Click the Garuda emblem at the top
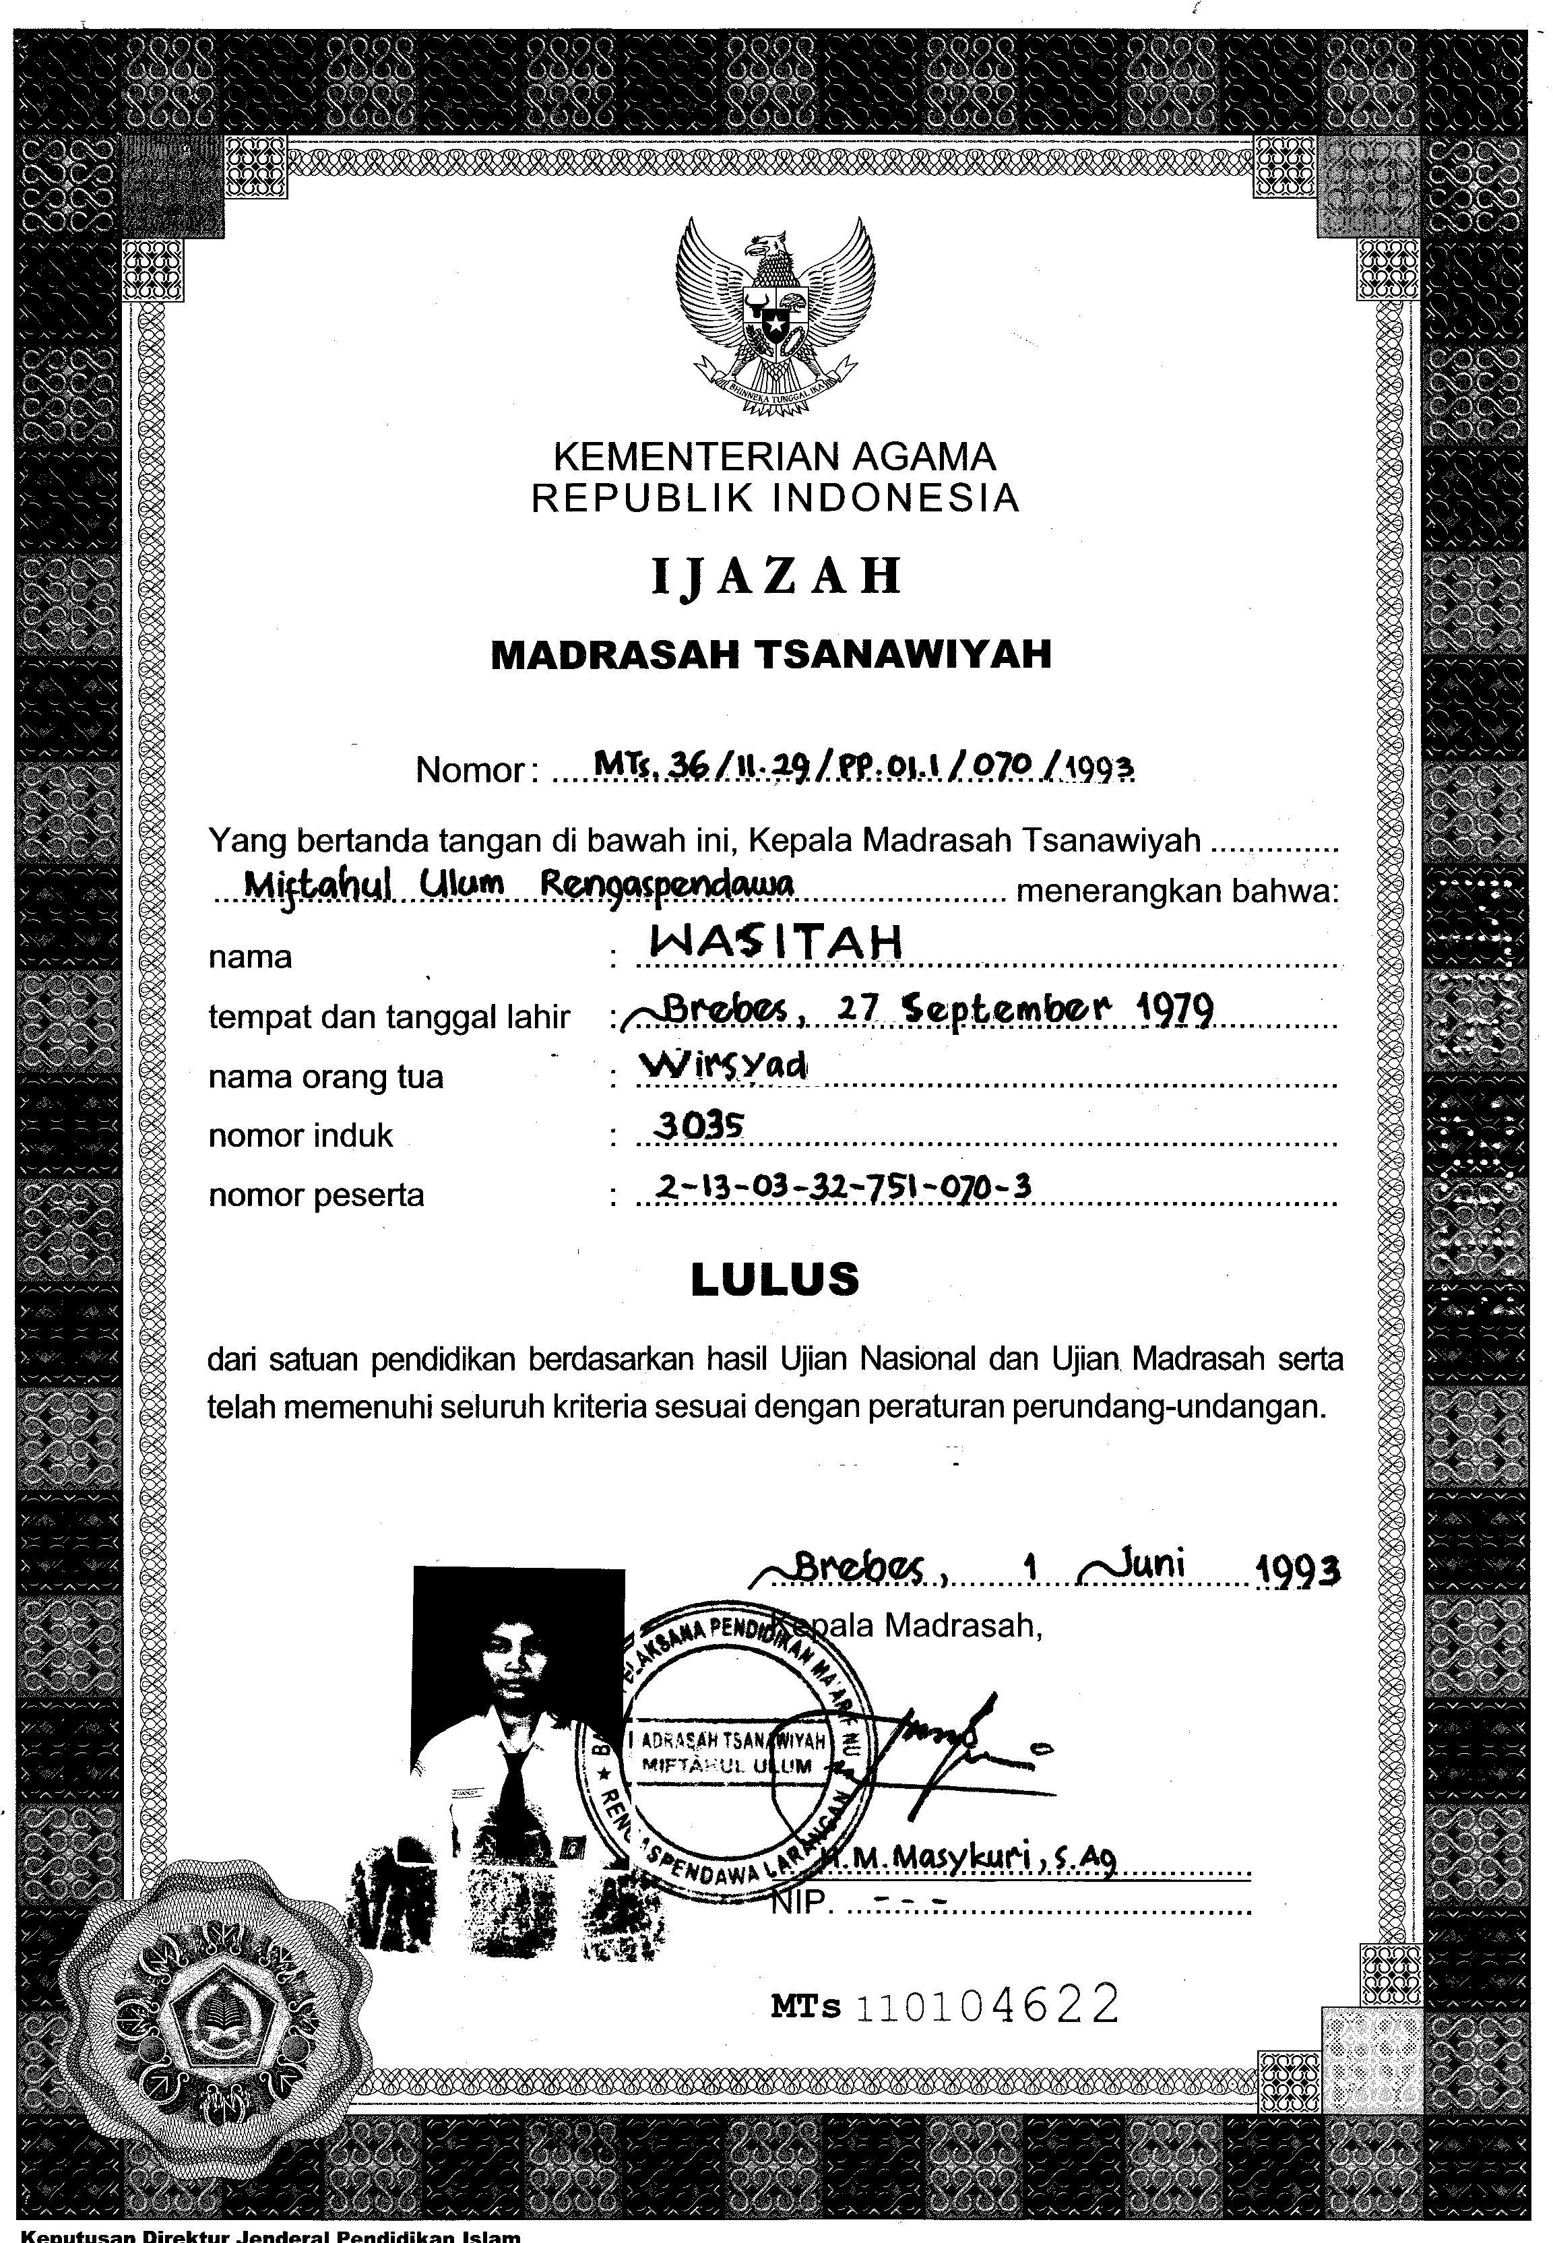775,316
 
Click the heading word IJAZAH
775,577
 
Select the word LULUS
775,1280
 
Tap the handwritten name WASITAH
775,941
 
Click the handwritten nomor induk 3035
699,1126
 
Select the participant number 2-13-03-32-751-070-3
843,1187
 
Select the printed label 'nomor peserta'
316,1195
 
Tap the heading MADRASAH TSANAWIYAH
771,654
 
